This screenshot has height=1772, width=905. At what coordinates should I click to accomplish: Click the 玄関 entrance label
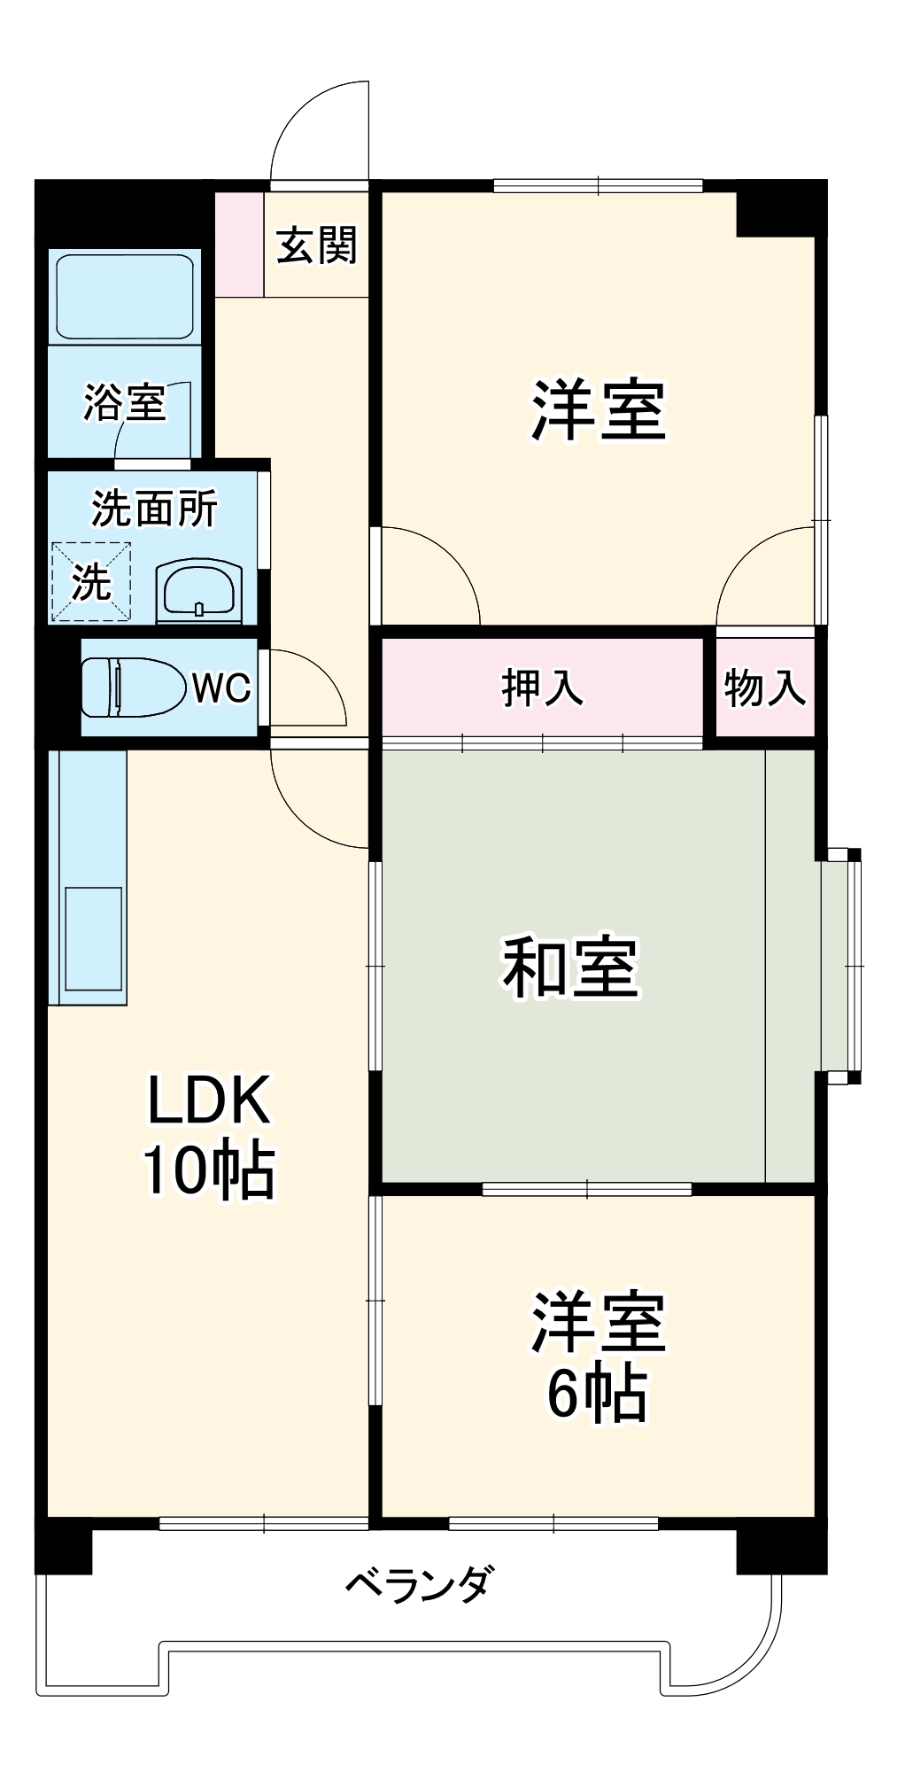(x=316, y=245)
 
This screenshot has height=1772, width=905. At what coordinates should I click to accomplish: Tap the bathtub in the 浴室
(x=124, y=297)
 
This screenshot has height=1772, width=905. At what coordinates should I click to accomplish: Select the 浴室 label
(x=124, y=403)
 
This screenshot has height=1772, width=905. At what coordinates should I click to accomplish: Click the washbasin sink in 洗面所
(x=198, y=589)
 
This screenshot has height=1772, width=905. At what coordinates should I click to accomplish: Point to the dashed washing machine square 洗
(x=91, y=582)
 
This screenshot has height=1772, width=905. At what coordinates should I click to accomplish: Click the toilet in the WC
(x=128, y=687)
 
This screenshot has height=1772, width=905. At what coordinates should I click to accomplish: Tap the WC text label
(x=221, y=688)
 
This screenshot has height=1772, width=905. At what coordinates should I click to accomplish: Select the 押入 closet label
(x=542, y=688)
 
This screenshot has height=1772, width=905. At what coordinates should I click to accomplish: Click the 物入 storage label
(x=764, y=688)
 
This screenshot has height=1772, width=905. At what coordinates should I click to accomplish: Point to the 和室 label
(x=570, y=967)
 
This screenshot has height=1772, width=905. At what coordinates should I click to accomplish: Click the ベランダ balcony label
(x=417, y=1583)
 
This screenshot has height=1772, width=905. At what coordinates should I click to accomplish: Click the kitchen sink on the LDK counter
(x=94, y=938)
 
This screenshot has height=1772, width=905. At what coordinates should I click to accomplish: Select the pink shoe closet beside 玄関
(x=239, y=244)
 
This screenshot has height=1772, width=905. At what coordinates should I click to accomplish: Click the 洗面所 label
(x=154, y=509)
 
